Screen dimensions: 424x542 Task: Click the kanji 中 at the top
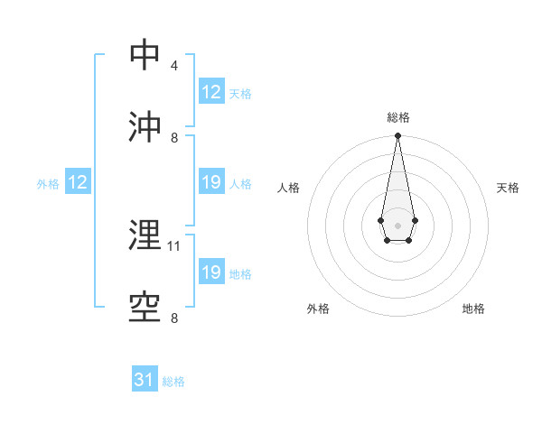[x=146, y=55]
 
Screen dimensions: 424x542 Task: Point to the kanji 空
[x=146, y=307]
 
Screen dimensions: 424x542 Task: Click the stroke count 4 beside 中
[x=174, y=66]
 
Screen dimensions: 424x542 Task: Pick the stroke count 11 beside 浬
[x=175, y=245]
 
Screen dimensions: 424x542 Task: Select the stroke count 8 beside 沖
[x=174, y=138]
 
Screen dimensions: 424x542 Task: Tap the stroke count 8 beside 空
[x=174, y=318]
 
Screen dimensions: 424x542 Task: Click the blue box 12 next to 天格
[x=210, y=92]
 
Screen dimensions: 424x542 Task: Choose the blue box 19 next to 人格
[x=210, y=182]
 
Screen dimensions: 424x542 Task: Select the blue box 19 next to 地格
[x=210, y=272]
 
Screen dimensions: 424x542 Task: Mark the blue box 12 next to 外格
[x=77, y=182]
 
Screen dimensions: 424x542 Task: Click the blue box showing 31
[x=145, y=380]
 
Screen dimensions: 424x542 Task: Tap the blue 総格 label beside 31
[x=173, y=382]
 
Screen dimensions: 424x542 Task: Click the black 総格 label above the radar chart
[x=398, y=117]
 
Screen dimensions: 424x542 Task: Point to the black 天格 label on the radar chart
[x=508, y=188]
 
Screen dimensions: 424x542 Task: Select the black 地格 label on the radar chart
[x=473, y=309]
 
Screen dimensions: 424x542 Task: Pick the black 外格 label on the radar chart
[x=318, y=309]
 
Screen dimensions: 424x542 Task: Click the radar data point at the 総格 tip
[x=397, y=136]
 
